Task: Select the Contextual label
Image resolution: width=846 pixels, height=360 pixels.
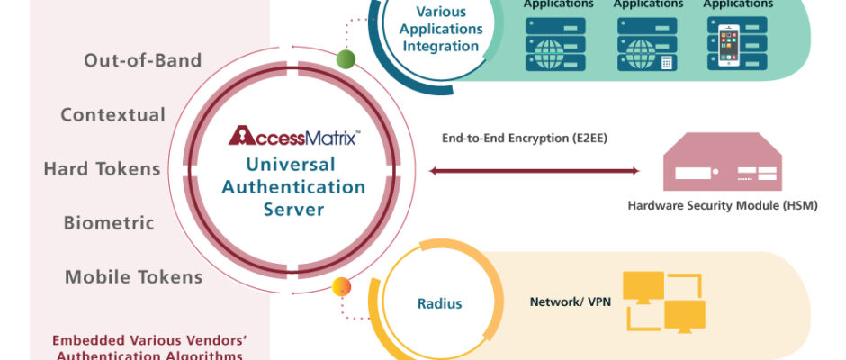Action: (112, 115)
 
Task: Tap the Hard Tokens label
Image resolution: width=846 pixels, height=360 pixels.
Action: (102, 169)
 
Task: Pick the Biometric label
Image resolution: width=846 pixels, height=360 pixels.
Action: (109, 223)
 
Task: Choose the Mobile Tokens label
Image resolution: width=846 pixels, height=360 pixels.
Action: (133, 277)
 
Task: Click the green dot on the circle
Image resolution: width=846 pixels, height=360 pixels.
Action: (346, 60)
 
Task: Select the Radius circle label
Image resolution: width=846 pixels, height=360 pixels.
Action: (439, 303)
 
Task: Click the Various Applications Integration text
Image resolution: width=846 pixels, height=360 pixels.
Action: (448, 29)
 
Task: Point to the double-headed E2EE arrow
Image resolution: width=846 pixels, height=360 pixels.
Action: (535, 171)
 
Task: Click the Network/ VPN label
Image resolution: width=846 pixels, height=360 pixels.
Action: (571, 301)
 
